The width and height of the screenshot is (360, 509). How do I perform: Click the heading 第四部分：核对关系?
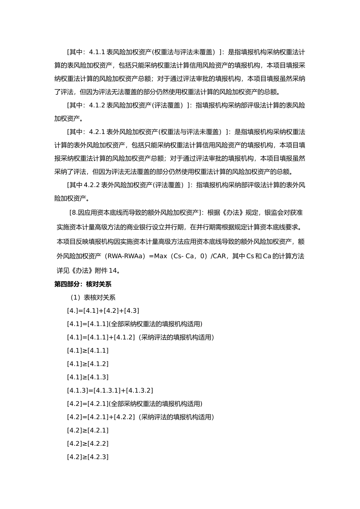[83, 284]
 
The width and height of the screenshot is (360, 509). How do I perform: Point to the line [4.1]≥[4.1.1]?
[88, 350]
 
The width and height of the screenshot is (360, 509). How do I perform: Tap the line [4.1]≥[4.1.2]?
[88, 364]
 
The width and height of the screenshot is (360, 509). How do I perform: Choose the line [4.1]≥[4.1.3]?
[88, 377]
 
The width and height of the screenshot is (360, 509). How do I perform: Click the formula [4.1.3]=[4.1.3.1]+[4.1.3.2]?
[110, 390]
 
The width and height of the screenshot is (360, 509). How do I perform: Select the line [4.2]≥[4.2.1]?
[88, 430]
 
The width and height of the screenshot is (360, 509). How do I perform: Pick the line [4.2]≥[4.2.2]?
[88, 443]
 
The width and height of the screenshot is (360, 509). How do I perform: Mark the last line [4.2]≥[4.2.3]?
[88, 457]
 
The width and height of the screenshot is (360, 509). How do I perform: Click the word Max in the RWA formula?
[161, 256]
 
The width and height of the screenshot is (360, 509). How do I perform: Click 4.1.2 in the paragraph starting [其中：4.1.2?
[97, 105]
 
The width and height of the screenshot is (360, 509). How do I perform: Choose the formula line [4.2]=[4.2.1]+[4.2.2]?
[101, 417]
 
